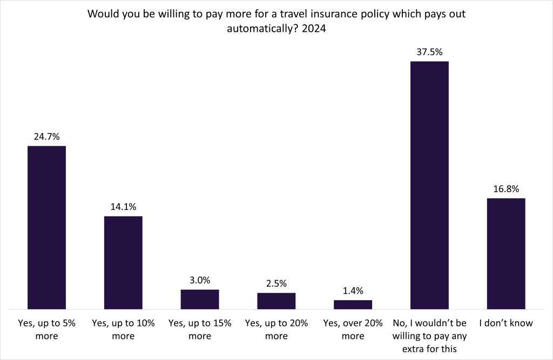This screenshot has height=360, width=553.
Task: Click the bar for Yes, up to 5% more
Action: click(x=46, y=227)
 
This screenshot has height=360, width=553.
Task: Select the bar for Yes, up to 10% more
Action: click(x=123, y=262)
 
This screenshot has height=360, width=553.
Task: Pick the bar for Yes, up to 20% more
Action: click(x=276, y=301)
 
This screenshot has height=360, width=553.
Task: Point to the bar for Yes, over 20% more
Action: click(x=353, y=304)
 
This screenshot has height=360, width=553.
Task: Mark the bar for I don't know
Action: click(x=506, y=253)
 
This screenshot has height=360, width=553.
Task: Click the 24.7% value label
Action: click(x=46, y=137)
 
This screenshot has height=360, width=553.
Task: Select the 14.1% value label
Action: click(x=123, y=207)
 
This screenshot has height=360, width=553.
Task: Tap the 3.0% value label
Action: click(x=200, y=280)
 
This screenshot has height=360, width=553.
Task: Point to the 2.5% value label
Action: click(x=276, y=283)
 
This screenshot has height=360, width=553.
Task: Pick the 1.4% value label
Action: click(x=353, y=291)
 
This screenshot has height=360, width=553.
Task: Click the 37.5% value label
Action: click(x=429, y=52)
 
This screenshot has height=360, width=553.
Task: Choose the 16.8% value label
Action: click(x=506, y=189)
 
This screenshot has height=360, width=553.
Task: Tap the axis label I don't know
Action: click(x=506, y=323)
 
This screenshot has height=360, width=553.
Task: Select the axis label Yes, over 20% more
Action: click(x=353, y=329)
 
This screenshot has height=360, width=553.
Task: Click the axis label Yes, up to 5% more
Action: click(x=46, y=329)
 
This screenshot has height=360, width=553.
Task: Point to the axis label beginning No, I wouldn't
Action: click(x=429, y=335)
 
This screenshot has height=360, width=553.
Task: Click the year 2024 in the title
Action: click(x=315, y=30)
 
